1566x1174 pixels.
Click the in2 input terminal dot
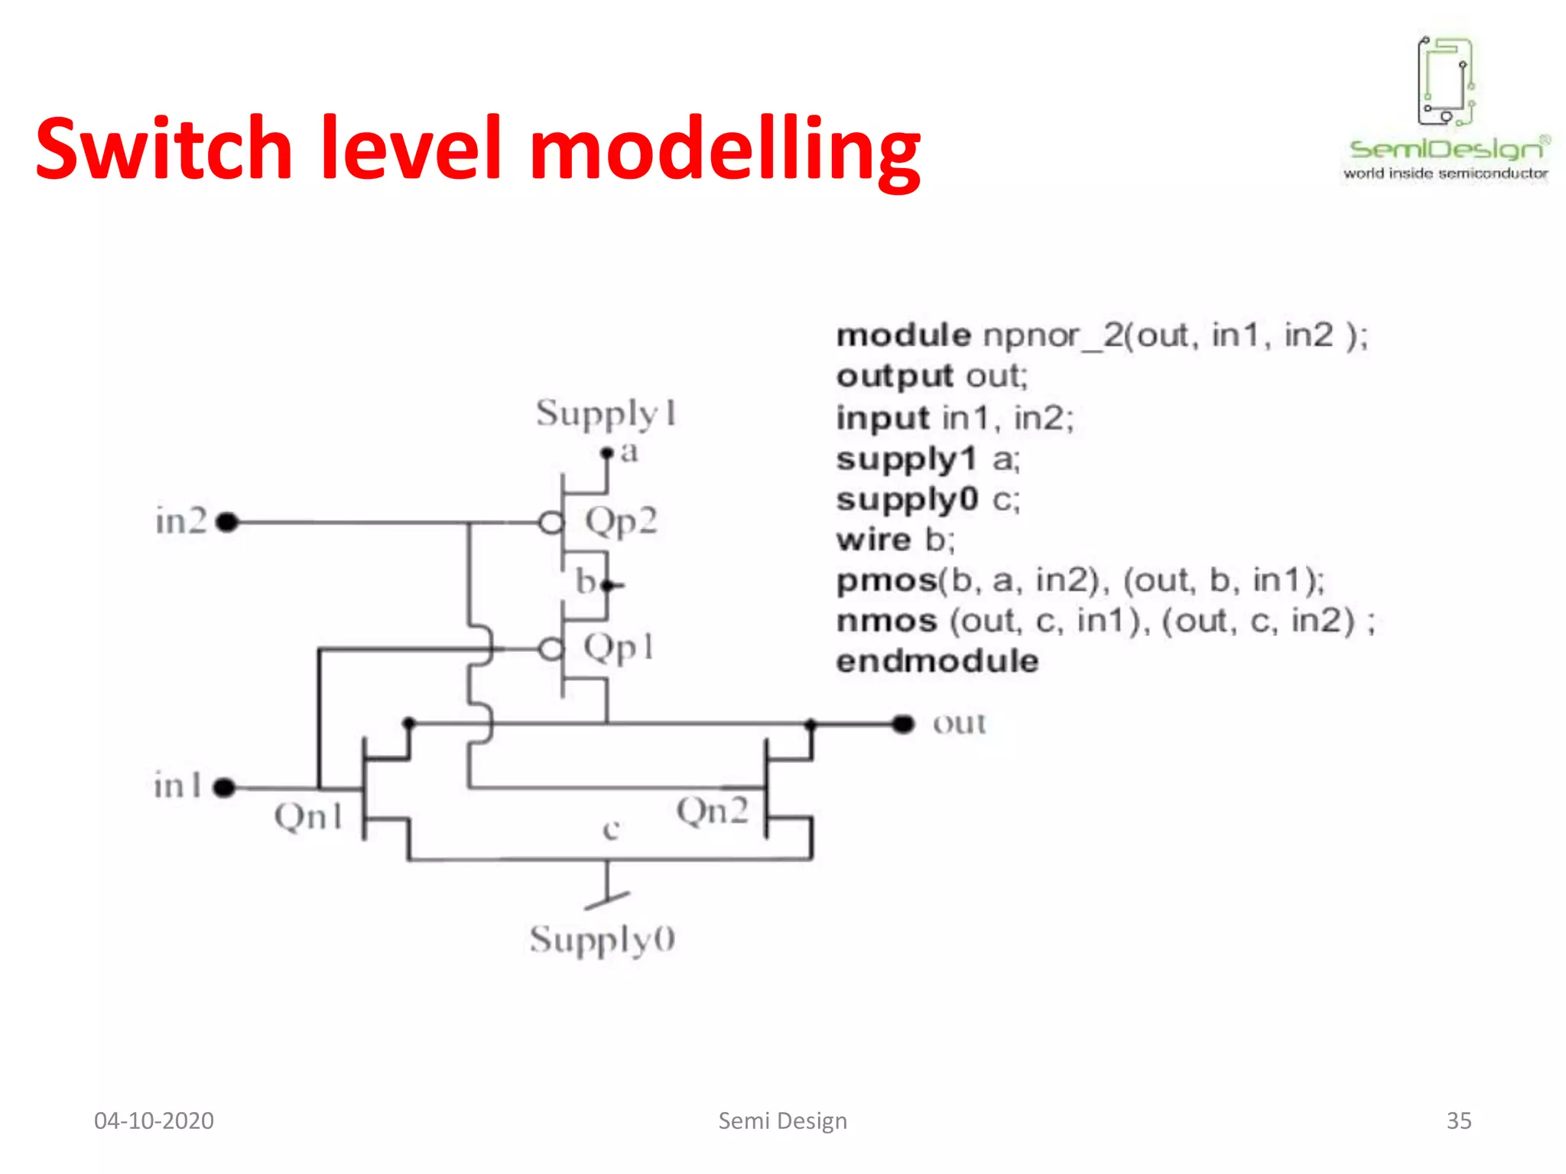[227, 523]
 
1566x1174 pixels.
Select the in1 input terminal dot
[223, 787]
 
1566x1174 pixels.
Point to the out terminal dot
[903, 723]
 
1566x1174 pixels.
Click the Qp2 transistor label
[621, 523]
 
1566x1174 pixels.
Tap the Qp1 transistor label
[619, 649]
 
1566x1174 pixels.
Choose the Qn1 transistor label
[308, 816]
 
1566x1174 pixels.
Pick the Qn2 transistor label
[712, 811]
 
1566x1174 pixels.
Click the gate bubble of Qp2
[551, 524]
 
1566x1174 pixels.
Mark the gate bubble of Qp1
[551, 650]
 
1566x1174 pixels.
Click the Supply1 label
[606, 413]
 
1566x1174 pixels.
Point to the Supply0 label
[603, 939]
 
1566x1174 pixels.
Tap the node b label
[586, 582]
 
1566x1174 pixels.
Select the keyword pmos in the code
[887, 581]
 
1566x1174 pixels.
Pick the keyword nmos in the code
[887, 621]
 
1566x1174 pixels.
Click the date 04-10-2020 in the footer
[154, 1120]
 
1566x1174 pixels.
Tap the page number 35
[1459, 1120]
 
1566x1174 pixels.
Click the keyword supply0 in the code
[907, 500]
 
